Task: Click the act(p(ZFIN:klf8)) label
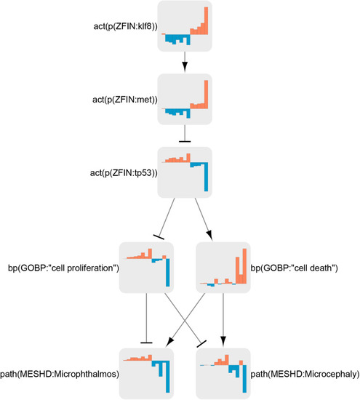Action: point(125,26)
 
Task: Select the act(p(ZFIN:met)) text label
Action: point(125,100)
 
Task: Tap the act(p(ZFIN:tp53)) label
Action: point(124,173)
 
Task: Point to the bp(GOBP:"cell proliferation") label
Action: point(63,268)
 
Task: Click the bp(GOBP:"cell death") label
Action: point(294,268)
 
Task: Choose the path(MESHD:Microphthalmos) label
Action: point(60,375)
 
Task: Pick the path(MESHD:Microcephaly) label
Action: point(305,375)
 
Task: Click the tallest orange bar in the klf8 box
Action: point(206,20)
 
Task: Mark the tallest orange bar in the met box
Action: point(206,94)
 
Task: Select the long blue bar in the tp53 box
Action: point(206,177)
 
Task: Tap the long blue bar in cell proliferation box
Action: point(167,273)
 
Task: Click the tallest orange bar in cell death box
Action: point(244,265)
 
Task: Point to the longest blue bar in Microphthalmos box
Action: point(167,377)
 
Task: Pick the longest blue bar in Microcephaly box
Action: point(244,379)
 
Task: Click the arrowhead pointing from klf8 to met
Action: point(185,67)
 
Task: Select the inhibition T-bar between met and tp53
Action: point(185,141)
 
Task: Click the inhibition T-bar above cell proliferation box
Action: point(159,237)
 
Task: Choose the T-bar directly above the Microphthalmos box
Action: point(146,343)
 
